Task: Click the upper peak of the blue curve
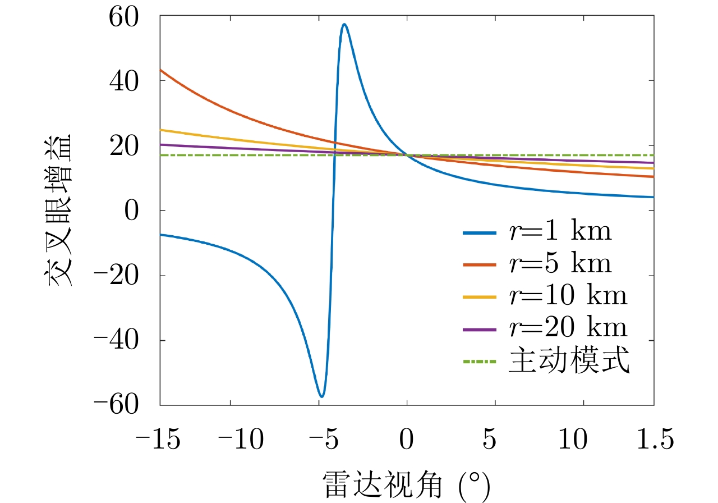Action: pyautogui.click(x=344, y=24)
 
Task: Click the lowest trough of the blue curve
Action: pyautogui.click(x=321, y=396)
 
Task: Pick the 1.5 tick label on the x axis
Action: pyautogui.click(x=654, y=441)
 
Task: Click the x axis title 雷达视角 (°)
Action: pyautogui.click(x=407, y=484)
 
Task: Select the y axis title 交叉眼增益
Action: pyautogui.click(x=60, y=211)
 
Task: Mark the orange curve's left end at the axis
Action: pyautogui.click(x=160, y=70)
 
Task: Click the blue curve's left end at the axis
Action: pyautogui.click(x=160, y=234)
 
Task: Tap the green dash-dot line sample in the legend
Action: pyautogui.click(x=480, y=361)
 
